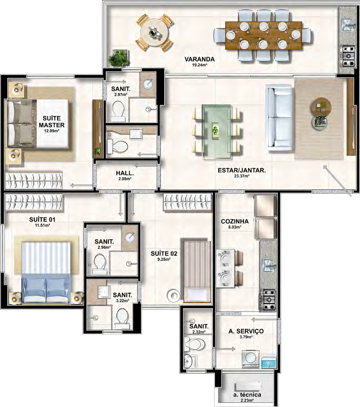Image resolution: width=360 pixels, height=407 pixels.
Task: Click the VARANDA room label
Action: [200, 59]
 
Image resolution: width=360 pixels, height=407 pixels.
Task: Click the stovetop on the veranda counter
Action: [347, 55]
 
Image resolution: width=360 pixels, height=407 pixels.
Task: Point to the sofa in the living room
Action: [280, 117]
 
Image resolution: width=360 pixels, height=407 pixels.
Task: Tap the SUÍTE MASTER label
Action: [52, 121]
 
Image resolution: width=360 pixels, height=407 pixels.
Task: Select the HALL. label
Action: [125, 173]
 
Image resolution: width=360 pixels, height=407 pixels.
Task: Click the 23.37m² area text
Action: [242, 176]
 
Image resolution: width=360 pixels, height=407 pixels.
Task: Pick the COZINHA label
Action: [235, 221]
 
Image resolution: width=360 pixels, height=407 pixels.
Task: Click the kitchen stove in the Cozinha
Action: [267, 300]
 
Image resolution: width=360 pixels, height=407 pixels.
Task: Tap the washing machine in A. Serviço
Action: [250, 359]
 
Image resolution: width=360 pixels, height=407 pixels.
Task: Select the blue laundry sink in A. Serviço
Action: [268, 362]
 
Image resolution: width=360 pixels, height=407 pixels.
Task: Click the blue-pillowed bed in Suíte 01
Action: [46, 272]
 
